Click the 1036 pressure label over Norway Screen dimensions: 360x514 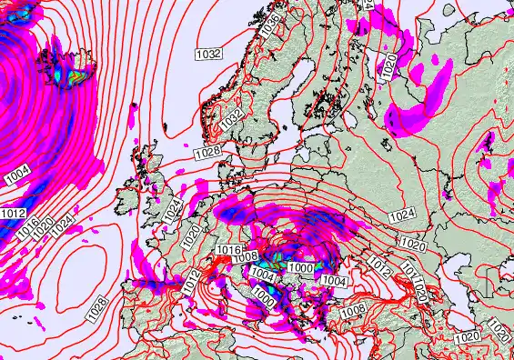coord(268,28)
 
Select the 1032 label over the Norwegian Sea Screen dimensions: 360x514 coord(209,54)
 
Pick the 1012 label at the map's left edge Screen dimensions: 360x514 coord(13,213)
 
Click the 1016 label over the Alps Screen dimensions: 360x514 coord(229,250)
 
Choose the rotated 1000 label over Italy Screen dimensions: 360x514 coord(263,295)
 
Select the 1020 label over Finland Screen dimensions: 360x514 coord(390,65)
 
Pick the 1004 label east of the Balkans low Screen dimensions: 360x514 coord(334,281)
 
